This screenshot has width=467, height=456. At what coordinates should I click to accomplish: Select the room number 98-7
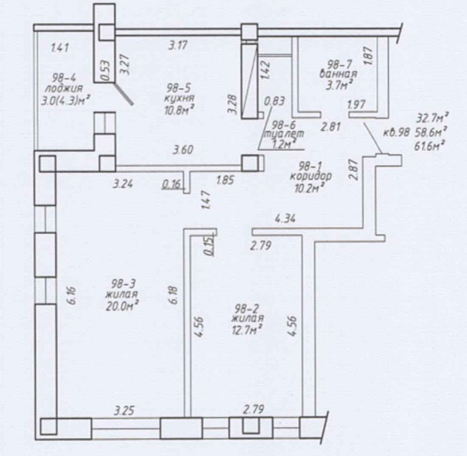click(x=340, y=64)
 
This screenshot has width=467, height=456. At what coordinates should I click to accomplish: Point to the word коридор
click(x=310, y=176)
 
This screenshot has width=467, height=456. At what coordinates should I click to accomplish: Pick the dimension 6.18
click(x=174, y=295)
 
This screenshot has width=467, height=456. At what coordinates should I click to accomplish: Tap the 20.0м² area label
click(x=122, y=306)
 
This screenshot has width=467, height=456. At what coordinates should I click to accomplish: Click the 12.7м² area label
click(x=247, y=330)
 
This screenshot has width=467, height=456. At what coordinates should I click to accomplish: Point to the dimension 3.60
click(x=183, y=150)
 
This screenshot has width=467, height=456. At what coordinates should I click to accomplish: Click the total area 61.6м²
click(x=429, y=146)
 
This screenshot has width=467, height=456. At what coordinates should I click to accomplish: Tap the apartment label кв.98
click(x=397, y=132)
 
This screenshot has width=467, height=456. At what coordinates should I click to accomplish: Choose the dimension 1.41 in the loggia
click(x=60, y=48)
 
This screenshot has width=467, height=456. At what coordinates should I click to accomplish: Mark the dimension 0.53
click(x=105, y=71)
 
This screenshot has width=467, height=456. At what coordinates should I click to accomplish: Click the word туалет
click(x=284, y=134)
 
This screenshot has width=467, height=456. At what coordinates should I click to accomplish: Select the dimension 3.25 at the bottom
click(x=124, y=411)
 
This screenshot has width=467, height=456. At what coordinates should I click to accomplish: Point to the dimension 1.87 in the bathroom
click(x=369, y=56)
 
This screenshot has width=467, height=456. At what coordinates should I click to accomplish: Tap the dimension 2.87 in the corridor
click(x=354, y=170)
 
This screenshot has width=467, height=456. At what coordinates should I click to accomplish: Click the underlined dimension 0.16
click(x=172, y=184)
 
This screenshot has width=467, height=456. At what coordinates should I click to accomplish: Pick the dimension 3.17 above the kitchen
click(x=178, y=45)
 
